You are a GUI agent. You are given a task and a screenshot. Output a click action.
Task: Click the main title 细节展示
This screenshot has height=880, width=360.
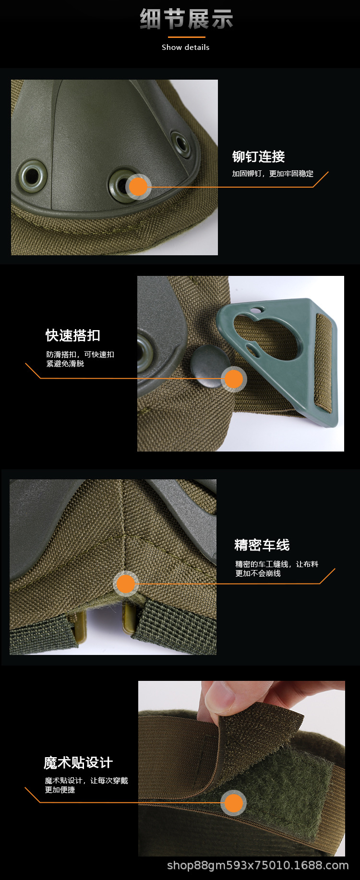point(186,20)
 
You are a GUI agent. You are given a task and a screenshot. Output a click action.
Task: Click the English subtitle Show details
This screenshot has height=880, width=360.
point(186,47)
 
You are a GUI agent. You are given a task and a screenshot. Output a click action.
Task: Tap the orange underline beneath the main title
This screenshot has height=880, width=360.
point(186,37)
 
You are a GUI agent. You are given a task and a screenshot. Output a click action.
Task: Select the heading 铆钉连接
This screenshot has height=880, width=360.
point(258,156)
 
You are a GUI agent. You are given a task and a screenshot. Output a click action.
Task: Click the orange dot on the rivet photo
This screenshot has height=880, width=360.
point(138,187)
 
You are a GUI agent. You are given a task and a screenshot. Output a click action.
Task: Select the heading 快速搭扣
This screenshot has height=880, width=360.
point(73,335)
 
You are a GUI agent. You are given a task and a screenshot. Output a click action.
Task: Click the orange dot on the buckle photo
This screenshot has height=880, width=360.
point(234,379)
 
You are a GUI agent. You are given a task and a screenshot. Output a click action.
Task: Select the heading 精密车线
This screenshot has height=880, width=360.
point(262,545)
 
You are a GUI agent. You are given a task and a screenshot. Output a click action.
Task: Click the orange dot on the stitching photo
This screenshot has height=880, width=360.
point(126,584)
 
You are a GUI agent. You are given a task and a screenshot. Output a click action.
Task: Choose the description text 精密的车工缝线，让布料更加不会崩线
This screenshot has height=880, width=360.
point(276,569)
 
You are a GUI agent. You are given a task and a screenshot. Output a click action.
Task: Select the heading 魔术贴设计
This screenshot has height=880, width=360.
point(78,762)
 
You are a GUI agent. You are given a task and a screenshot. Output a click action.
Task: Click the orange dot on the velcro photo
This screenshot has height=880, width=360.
point(234,803)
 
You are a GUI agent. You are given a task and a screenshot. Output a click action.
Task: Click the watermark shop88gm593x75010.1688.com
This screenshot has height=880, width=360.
point(258,865)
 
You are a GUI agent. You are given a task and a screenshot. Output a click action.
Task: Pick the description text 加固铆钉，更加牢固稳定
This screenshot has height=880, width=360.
point(273,174)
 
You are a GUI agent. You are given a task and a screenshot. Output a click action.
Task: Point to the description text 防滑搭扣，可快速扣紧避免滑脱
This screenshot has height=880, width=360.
point(80,359)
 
